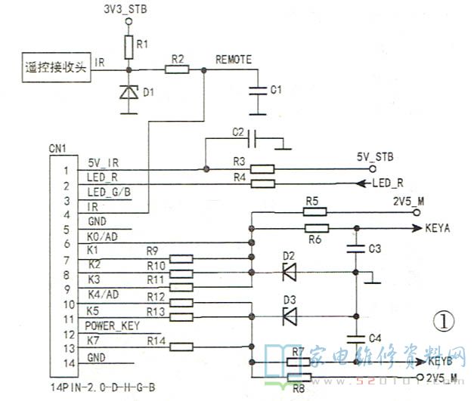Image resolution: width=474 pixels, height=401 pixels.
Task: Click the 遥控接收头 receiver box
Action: tap(53, 66)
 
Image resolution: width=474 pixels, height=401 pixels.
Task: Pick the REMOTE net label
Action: tap(234, 58)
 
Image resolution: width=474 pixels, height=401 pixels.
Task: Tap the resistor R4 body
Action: tap(262, 184)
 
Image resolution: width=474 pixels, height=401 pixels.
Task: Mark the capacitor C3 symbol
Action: tap(354, 248)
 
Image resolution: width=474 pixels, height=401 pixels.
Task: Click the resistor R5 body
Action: tap(316, 212)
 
